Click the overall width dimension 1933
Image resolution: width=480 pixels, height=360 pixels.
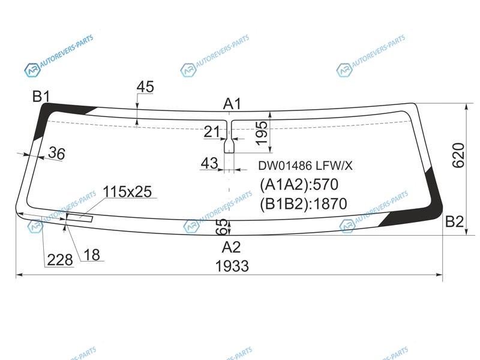coord(232,266)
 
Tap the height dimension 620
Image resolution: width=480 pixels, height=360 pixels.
coord(458,155)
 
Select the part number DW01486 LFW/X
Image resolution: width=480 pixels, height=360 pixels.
coord(305,166)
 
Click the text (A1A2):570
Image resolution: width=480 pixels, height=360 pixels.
coord(299,185)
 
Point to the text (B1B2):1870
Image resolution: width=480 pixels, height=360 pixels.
coord(304,203)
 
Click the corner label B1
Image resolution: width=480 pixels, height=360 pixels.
coord(41,97)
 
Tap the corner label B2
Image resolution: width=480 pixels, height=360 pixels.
coord(455,221)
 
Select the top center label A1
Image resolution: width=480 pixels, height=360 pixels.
coord(232,104)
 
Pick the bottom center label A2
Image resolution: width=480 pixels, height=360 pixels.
coord(232,247)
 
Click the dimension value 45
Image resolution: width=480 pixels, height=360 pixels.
coord(145,87)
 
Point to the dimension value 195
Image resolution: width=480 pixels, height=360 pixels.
coord(261,133)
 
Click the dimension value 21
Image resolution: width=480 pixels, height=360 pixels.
coord(212,132)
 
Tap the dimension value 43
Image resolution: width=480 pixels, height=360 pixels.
coord(209,163)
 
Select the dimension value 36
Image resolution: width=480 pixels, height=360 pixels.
coord(56,153)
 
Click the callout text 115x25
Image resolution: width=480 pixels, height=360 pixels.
coord(127,192)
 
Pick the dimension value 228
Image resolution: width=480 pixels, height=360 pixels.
coord(60,260)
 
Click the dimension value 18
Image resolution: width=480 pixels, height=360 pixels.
coord(92,254)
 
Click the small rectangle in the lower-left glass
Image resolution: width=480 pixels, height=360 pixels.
coord(80,218)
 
